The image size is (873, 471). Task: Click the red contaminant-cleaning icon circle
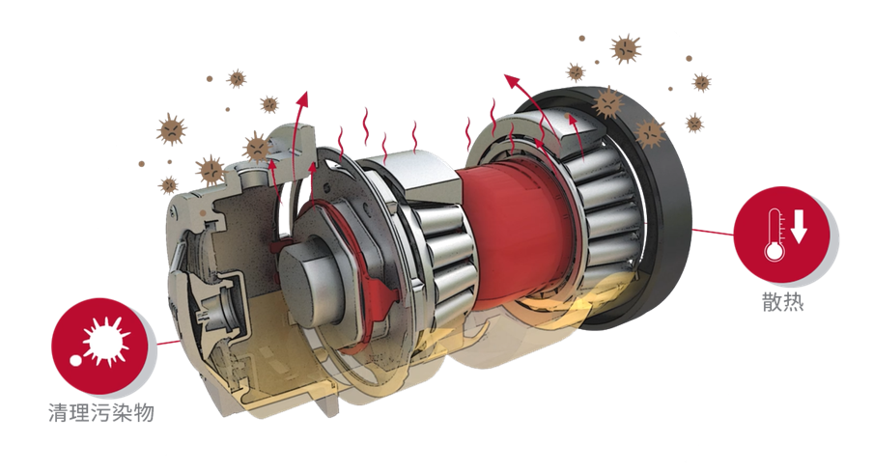point(100,346)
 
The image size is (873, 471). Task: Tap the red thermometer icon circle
point(781,234)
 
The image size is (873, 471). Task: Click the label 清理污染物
point(100,413)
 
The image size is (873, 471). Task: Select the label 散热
point(783,301)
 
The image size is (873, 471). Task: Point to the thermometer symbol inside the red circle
point(774,235)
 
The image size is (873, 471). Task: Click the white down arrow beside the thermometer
point(799,226)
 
